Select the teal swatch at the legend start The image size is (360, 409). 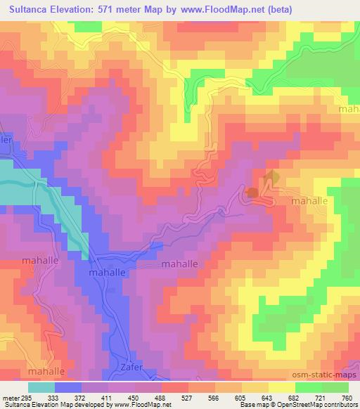coord(41,387)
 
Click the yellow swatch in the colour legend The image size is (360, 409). coord(282,387)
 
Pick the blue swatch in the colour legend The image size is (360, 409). coord(68,387)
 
